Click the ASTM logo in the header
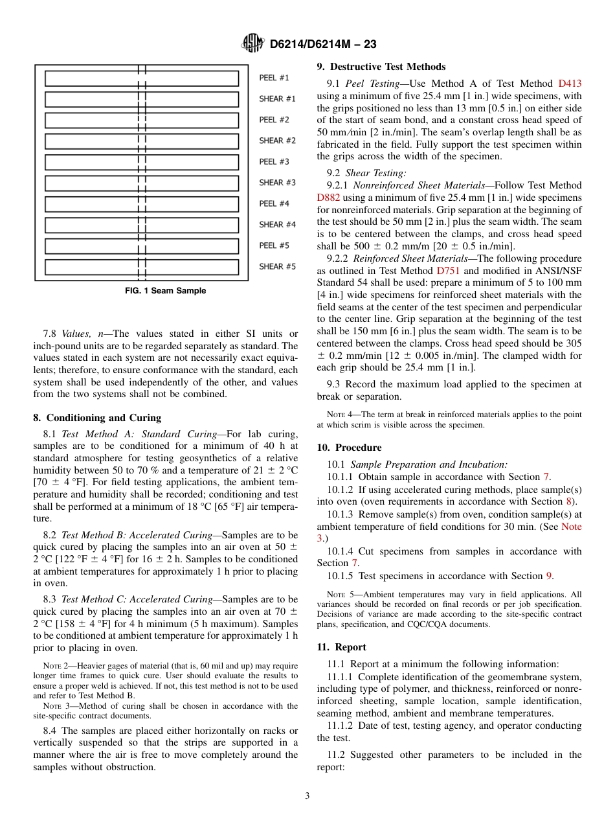252,44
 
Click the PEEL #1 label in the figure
274,78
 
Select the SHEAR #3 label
277,183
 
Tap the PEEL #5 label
274,246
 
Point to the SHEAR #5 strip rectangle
141,267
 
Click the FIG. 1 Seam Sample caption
165,291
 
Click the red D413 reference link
569,84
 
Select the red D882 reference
328,198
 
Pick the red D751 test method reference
448,271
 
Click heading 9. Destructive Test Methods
381,67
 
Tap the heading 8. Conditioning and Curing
97,418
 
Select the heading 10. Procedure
349,448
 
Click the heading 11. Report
341,647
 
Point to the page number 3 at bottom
307,796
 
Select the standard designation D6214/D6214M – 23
322,45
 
